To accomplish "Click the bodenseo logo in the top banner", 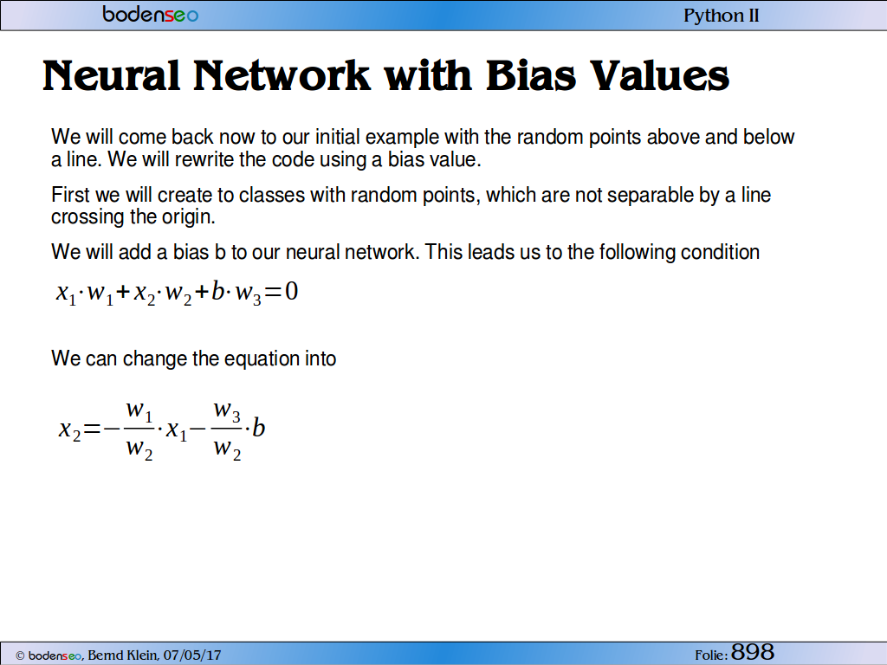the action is pos(151,14).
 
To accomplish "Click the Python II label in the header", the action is pos(722,16).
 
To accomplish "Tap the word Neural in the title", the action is pos(111,76).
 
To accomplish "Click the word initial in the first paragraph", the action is pos(337,137).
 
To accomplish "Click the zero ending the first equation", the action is pos(291,292).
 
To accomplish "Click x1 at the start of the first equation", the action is pos(66,294).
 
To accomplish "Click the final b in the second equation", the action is pos(258,428).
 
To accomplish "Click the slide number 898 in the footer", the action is pos(753,652).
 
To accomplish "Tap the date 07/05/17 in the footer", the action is pos(192,655).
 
